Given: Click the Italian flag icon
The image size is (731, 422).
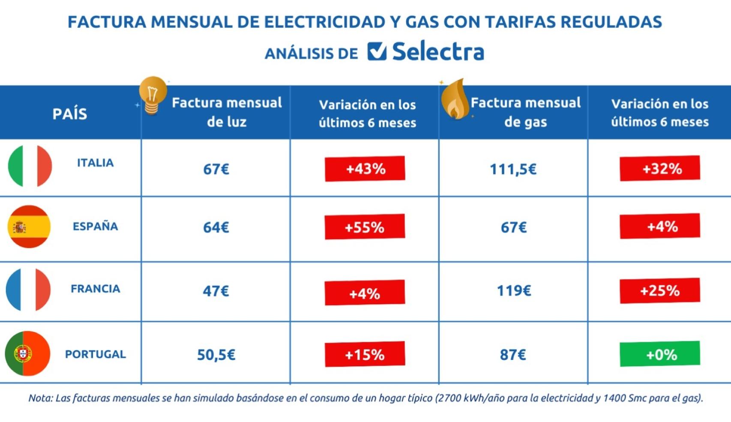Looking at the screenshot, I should pyautogui.click(x=30, y=166).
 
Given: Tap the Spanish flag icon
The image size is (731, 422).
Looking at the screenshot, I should pyautogui.click(x=29, y=227).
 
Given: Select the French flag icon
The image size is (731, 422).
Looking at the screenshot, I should pyautogui.click(x=28, y=290).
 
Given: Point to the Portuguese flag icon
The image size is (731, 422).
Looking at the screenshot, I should pyautogui.click(x=27, y=353).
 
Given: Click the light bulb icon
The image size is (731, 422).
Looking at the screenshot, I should pyautogui.click(x=153, y=95).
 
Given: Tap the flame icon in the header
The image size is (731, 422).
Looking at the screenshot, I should pyautogui.click(x=455, y=99).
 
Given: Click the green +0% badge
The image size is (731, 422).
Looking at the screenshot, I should pyautogui.click(x=659, y=354).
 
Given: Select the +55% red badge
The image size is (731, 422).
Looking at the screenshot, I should pyautogui.click(x=365, y=227).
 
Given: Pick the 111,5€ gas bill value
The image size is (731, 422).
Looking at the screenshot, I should pyautogui.click(x=513, y=169).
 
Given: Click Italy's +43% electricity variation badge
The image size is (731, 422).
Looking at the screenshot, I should pyautogui.click(x=365, y=168).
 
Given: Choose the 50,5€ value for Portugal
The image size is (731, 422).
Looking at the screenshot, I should pyautogui.click(x=216, y=355).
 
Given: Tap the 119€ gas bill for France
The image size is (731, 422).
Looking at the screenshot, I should pyautogui.click(x=514, y=291).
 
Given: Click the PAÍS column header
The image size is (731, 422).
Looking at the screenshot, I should pyautogui.click(x=70, y=114).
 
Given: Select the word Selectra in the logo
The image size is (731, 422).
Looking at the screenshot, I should pyautogui.click(x=438, y=52).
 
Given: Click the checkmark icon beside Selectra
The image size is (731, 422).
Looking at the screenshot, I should pyautogui.click(x=377, y=51).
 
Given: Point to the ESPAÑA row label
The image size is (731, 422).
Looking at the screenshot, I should pyautogui.click(x=95, y=226).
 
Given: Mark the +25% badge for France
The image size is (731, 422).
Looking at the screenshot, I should pyautogui.click(x=659, y=291).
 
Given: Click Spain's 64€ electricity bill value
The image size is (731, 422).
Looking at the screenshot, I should pyautogui.click(x=216, y=227).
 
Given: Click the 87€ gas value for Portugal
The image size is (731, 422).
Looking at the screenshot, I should pyautogui.click(x=513, y=355).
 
